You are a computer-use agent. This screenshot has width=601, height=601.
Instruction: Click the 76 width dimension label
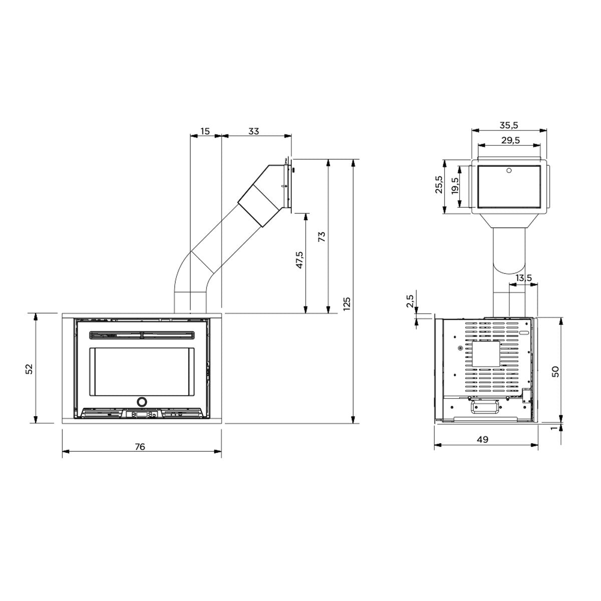click(140, 447)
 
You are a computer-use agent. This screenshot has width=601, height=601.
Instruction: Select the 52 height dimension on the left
click(29, 368)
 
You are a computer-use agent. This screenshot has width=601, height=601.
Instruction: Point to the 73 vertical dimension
click(322, 237)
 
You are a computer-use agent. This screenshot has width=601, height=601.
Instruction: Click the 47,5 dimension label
click(299, 261)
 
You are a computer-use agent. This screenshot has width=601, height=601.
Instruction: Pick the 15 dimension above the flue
click(205, 131)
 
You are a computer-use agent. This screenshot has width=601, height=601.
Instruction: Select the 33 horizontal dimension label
click(254, 131)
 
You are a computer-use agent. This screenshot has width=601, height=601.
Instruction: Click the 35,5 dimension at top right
click(509, 125)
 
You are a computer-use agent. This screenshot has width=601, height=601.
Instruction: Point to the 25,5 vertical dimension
click(439, 185)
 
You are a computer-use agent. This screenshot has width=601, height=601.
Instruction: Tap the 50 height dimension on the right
click(555, 371)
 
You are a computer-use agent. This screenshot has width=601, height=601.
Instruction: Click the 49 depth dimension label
click(482, 440)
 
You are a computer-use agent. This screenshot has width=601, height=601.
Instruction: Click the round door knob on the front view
click(142, 401)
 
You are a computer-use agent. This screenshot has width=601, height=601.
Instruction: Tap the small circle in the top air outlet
click(509, 171)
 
